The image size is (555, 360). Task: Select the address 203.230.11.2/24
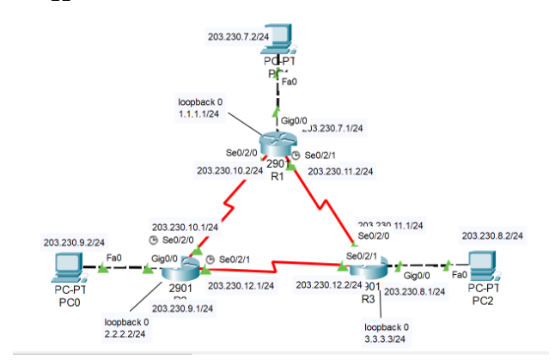[x=340, y=171]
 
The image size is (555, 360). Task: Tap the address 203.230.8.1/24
[x=413, y=292]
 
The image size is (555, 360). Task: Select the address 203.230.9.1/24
[x=182, y=307]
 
